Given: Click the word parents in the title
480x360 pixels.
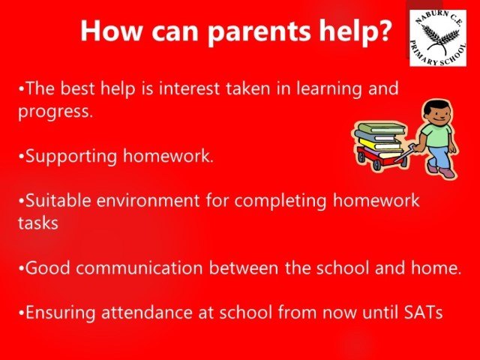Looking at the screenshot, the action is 259,31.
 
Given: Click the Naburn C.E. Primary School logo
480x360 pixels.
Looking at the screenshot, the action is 438,38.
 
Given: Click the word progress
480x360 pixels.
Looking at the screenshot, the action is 55,112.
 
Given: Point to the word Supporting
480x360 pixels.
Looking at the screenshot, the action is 71,157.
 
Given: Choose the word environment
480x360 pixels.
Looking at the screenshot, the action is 148,201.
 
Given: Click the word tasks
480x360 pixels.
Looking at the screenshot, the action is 38,223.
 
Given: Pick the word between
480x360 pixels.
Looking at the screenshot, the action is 244,268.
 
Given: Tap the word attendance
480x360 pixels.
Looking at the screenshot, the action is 147,313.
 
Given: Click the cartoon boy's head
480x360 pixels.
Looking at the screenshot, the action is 436,112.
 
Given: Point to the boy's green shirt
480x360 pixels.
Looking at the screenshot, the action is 436,135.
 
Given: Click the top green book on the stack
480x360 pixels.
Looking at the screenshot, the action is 381,127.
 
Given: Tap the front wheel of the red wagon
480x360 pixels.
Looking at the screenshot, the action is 376,165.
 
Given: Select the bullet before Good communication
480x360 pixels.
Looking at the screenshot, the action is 21,268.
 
